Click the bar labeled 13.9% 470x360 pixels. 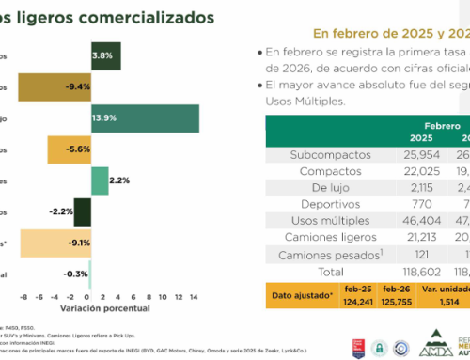[x=144, y=117]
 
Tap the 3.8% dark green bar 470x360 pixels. [x=104, y=55]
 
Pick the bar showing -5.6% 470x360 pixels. [x=69, y=149]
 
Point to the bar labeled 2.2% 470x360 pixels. [x=99, y=180]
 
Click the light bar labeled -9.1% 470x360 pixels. [x=55, y=243]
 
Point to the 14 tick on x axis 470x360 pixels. [x=195, y=294]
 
